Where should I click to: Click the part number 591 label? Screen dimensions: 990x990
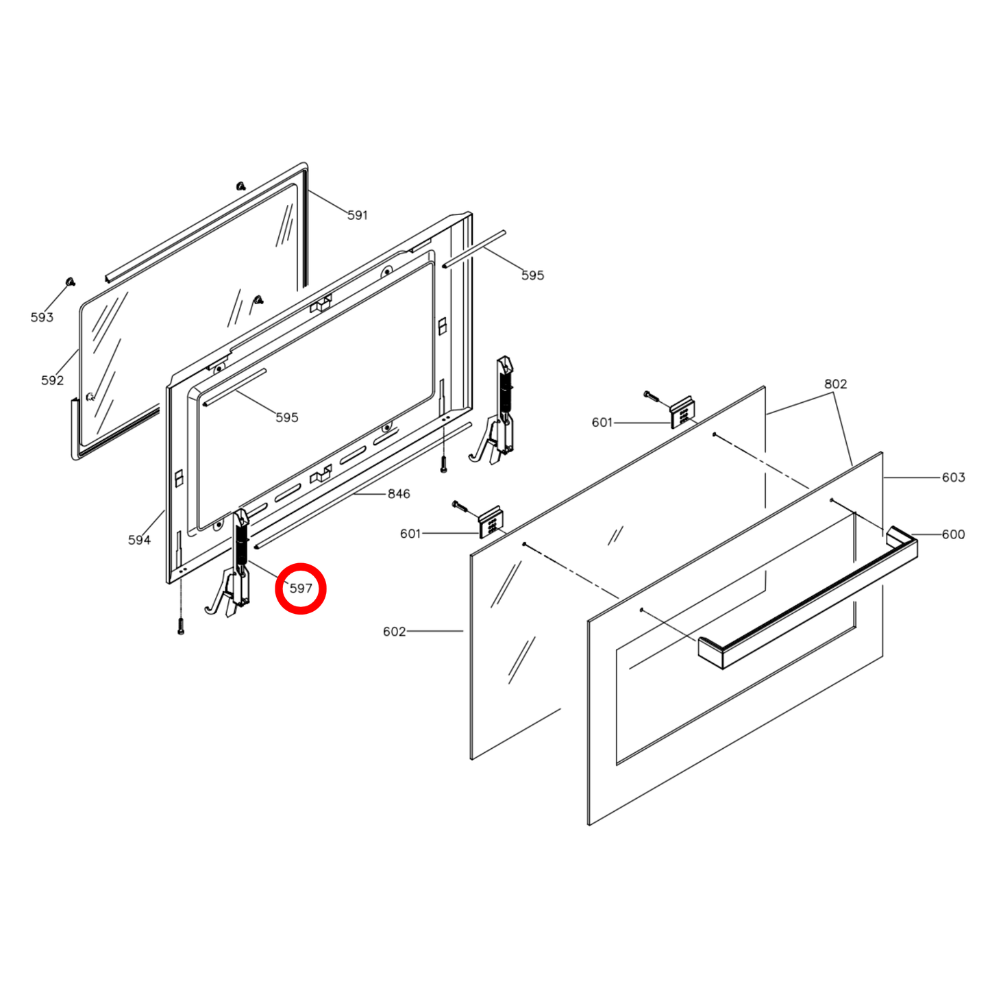pyautogui.click(x=357, y=215)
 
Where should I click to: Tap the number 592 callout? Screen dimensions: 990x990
pyautogui.click(x=52, y=380)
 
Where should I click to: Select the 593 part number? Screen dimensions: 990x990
pyautogui.click(x=42, y=317)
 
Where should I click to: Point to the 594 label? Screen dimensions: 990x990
pyautogui.click(x=139, y=540)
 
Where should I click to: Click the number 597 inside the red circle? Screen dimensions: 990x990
pyautogui.click(x=301, y=589)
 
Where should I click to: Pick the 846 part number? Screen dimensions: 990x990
pyautogui.click(x=399, y=494)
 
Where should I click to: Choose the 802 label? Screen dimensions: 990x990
pyautogui.click(x=835, y=384)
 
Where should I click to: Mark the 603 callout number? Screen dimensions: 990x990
pyautogui.click(x=953, y=478)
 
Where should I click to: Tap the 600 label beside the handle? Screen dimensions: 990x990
pyautogui.click(x=953, y=534)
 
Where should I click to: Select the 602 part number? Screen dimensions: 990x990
pyautogui.click(x=394, y=632)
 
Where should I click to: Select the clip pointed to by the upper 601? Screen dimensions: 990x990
pyautogui.click(x=682, y=413)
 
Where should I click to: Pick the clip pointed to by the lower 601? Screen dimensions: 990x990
pyautogui.click(x=491, y=523)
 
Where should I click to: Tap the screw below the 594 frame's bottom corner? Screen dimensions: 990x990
pyautogui.click(x=180, y=626)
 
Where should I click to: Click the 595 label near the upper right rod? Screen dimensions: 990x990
pyautogui.click(x=532, y=275)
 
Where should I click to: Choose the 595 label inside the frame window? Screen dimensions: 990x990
pyautogui.click(x=286, y=417)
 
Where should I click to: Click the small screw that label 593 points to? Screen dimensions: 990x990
pyautogui.click(x=70, y=282)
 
